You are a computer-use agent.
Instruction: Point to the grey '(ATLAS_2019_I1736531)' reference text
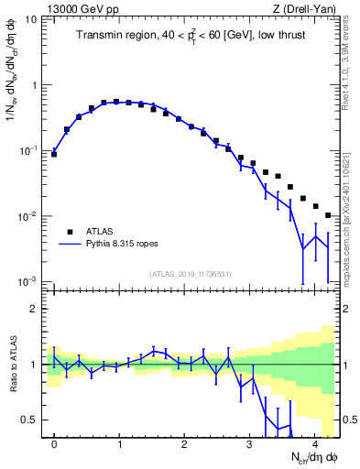click(x=191, y=274)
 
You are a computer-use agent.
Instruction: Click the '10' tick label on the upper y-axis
click(x=34, y=19)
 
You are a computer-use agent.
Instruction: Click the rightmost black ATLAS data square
click(x=328, y=215)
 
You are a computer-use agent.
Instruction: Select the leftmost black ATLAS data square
click(x=54, y=154)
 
